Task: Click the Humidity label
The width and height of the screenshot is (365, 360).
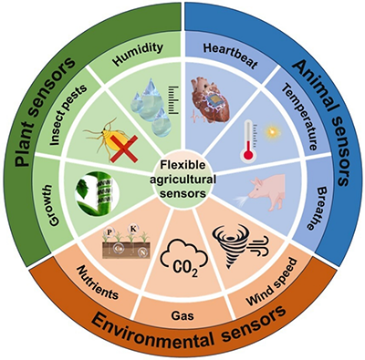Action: (139, 54)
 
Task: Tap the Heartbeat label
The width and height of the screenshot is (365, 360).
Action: (231, 56)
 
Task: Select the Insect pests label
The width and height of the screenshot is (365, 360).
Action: (68, 115)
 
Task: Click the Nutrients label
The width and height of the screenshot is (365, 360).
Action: (98, 283)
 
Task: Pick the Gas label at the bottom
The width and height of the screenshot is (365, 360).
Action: (182, 316)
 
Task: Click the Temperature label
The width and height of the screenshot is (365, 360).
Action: (300, 118)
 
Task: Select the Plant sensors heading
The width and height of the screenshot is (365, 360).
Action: (45, 112)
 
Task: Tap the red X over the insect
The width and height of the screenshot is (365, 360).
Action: (124, 149)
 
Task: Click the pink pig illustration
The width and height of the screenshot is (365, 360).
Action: (266, 191)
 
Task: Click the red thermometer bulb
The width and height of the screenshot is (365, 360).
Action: (249, 155)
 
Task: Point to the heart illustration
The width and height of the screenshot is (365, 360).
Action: (210, 99)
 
